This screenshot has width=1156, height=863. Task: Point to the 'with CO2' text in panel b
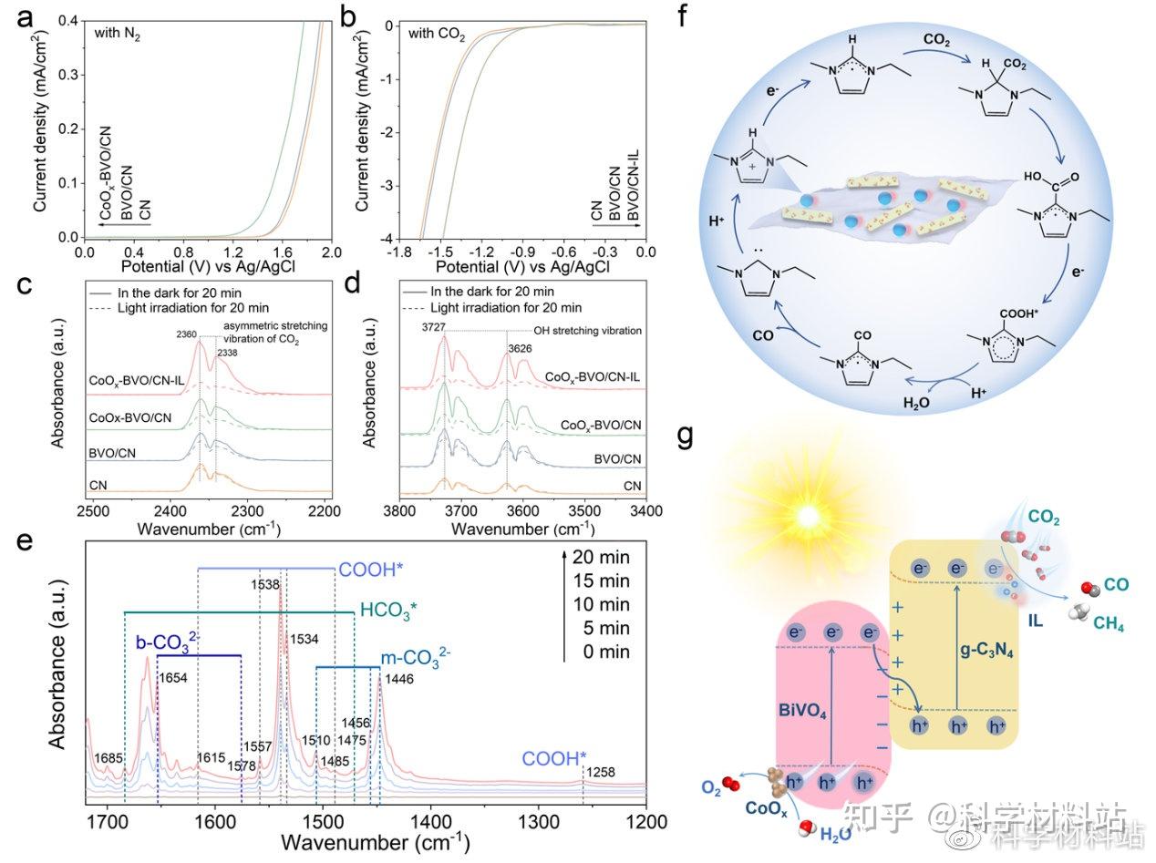(x=433, y=36)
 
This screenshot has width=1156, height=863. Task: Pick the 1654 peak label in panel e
(x=172, y=677)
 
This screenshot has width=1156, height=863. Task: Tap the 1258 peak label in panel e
(x=601, y=773)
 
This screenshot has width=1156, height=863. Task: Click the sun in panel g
(x=806, y=517)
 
